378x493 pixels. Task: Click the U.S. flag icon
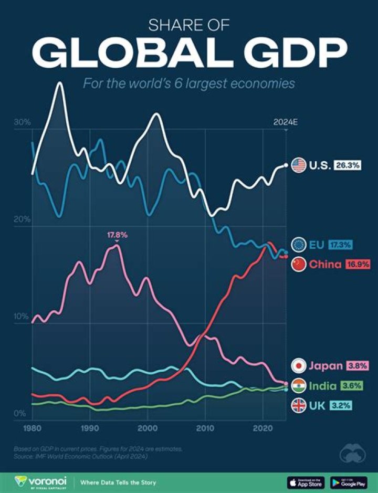299,165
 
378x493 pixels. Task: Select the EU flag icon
299,244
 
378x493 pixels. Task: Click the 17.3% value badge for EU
341,244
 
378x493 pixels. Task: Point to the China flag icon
299,264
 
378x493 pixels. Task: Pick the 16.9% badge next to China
357,264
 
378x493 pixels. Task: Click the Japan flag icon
299,366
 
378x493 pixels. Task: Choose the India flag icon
299,386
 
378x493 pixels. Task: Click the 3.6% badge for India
352,386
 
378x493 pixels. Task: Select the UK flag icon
299,405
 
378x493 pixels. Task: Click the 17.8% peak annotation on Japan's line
117,235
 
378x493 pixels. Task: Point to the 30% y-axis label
22,122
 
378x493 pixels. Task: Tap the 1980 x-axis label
33,429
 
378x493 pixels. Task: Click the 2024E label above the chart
286,122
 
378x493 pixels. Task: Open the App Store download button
306,482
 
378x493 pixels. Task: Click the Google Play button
349,482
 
